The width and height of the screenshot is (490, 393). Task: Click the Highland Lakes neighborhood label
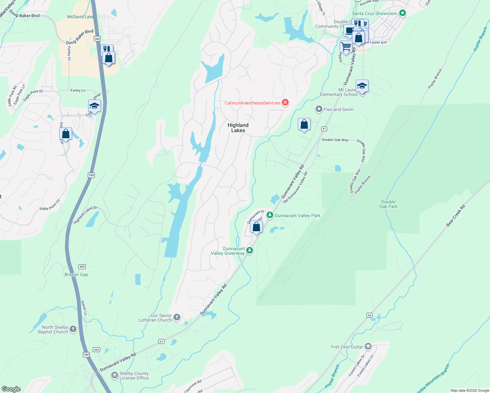tap(238, 128)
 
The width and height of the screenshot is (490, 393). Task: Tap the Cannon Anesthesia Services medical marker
tap(285, 103)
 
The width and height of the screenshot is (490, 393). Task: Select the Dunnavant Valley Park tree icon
tap(270, 215)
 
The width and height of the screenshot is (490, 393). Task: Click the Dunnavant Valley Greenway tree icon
tap(250, 251)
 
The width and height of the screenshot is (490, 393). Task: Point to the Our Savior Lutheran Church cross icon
tap(177, 317)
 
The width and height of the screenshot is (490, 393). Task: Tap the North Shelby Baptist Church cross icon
tap(73, 329)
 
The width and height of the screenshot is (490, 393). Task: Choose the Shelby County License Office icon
tap(115, 375)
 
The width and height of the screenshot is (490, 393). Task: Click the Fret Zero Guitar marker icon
tap(368, 346)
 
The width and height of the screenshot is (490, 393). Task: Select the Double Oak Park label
tap(388, 204)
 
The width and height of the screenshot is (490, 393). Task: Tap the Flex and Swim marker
tap(319, 109)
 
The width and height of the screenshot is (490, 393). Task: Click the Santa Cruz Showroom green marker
tap(403, 13)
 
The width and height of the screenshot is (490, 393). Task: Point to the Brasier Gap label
tap(76, 274)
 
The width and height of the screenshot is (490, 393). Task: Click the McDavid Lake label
tap(80, 17)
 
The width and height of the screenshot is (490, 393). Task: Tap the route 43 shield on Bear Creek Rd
tap(369, 315)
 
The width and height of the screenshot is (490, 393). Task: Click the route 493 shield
tap(96, 349)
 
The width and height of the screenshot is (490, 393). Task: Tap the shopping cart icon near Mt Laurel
tap(346, 47)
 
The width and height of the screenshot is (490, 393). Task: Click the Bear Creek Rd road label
tap(456, 216)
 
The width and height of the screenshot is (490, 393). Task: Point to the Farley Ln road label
tap(78, 90)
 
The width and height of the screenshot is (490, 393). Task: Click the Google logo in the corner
tap(11, 389)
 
